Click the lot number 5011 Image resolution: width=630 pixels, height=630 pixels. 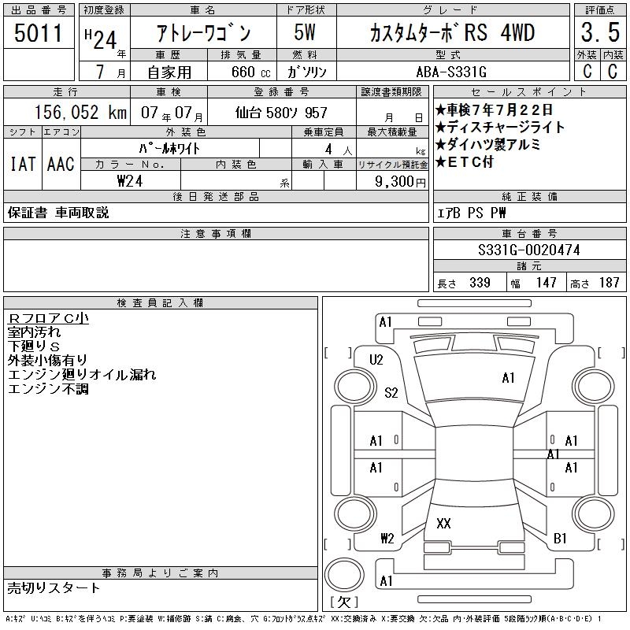(x=38, y=33)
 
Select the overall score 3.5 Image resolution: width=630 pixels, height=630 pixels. (x=600, y=32)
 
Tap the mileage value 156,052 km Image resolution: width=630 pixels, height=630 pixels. (x=80, y=112)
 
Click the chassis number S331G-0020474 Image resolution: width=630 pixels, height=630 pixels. (x=528, y=250)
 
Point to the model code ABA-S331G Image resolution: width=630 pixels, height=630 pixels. (x=451, y=72)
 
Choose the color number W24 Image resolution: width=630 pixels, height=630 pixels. (x=130, y=181)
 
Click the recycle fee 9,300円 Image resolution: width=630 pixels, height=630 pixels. (x=400, y=182)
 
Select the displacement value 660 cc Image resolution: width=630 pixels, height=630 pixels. (x=250, y=72)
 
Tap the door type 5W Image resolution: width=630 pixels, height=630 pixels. (x=305, y=32)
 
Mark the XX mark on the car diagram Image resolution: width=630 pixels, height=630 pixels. (x=443, y=523)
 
